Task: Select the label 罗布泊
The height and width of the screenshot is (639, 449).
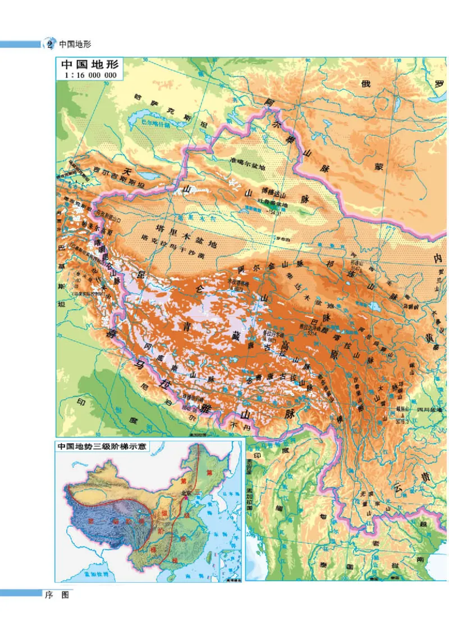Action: tap(281, 238)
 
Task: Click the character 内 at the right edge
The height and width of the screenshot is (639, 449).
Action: tap(437, 257)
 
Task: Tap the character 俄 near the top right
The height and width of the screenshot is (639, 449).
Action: tap(366, 84)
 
